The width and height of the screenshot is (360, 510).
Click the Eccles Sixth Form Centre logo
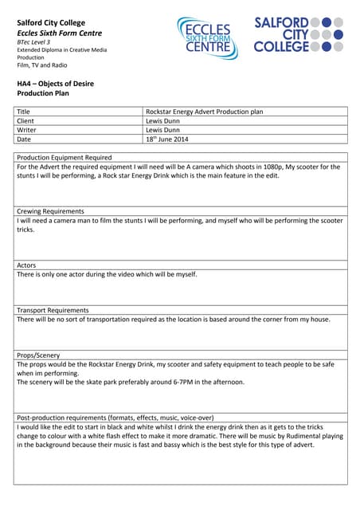coord(208,37)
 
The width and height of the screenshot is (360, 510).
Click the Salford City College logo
coord(299,34)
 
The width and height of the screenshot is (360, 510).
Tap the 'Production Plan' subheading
coord(45,93)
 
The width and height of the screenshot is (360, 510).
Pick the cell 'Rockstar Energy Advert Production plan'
coord(204,112)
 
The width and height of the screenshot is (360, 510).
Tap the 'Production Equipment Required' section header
coord(65,158)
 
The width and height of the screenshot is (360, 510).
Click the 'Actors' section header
coord(26,265)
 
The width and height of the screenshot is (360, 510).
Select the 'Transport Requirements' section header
coord(54,310)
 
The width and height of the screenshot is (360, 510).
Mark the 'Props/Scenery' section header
coord(38,355)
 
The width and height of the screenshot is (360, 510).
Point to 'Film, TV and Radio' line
coord(42,65)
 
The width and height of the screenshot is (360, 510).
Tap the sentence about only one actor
coord(107,274)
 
